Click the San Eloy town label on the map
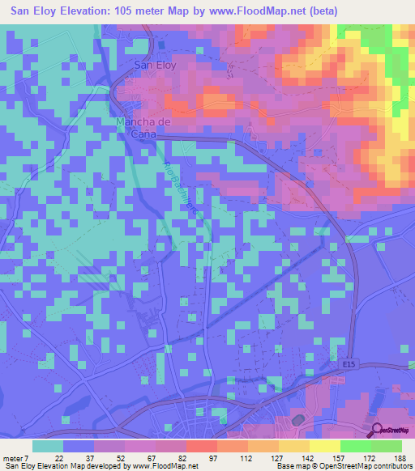pos(153,66)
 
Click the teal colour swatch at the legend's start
pos(48,446)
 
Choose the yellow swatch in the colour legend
pos(324,446)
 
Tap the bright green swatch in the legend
pos(355,446)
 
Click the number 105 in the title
pos(140,11)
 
